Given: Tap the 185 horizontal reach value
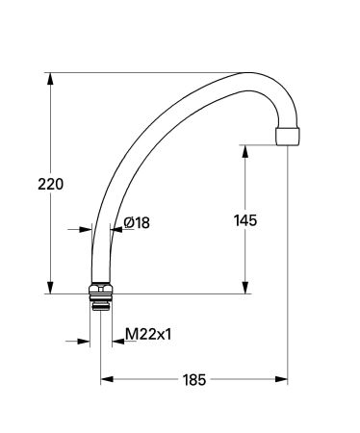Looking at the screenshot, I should tap(194, 379).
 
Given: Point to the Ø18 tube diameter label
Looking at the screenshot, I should tap(137, 223).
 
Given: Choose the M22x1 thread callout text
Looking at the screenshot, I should tap(149, 335).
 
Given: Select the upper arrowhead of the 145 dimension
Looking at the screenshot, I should tap(246, 152).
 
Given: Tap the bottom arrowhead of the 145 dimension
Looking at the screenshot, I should tap(246, 287).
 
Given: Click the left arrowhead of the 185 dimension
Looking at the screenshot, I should tap(107, 378).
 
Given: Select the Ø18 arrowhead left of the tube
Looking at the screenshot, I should tap(84, 229).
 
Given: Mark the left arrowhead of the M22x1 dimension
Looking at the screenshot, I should tap(85, 341).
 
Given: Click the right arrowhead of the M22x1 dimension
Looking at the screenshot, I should tap(116, 341).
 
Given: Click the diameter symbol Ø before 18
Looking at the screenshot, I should tap(129, 223).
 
